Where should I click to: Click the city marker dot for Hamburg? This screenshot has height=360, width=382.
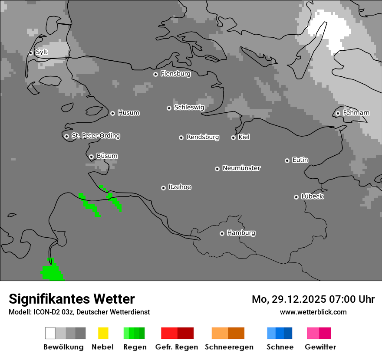222,233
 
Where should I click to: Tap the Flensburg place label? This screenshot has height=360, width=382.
175,74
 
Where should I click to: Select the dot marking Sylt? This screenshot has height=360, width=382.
31,53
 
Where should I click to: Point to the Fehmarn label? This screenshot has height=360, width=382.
356,113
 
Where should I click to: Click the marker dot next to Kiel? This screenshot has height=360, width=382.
233,137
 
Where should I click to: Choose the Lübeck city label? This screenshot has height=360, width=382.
312,196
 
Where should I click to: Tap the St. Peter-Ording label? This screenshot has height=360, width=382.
95,136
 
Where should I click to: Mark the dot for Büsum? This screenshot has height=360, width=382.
91,157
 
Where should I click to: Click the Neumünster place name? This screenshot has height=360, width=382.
241,168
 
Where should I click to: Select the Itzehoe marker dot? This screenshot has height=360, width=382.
163,188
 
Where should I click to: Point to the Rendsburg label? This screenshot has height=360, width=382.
203,137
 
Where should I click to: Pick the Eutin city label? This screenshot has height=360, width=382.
300,160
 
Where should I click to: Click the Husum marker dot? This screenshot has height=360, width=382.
112,113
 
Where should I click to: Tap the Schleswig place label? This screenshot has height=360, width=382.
189,107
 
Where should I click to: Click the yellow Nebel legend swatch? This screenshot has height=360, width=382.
103,333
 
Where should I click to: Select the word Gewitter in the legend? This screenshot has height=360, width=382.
320,347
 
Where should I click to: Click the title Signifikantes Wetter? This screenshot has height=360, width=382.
72,299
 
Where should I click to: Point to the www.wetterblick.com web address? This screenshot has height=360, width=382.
313,312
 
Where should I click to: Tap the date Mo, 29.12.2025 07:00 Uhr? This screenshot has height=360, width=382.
313,299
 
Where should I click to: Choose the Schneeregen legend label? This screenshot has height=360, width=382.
229,347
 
